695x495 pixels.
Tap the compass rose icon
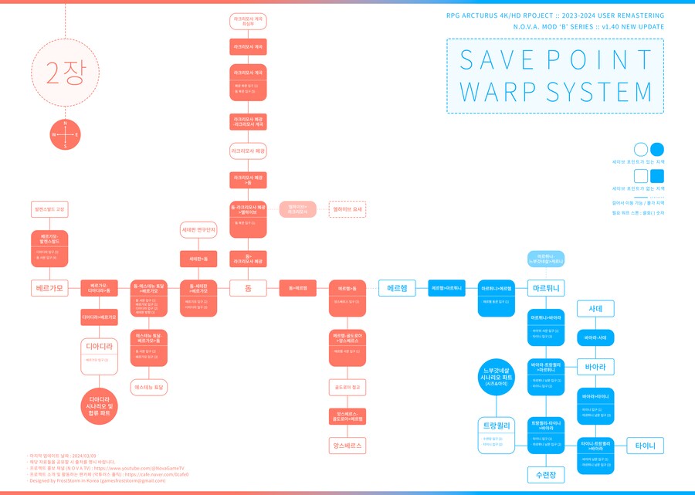(x=66, y=134)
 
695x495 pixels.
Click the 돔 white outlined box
(x=249, y=288)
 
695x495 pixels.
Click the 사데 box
(x=595, y=308)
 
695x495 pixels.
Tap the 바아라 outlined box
(x=595, y=366)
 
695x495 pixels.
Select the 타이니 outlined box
(x=645, y=446)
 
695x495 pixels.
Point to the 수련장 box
(x=547, y=473)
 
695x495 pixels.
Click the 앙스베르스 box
(x=347, y=446)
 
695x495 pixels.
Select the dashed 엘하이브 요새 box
(x=347, y=209)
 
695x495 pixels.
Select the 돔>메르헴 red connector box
(x=297, y=288)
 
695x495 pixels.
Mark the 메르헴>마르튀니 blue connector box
(x=446, y=288)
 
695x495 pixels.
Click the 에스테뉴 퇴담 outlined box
(x=149, y=386)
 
